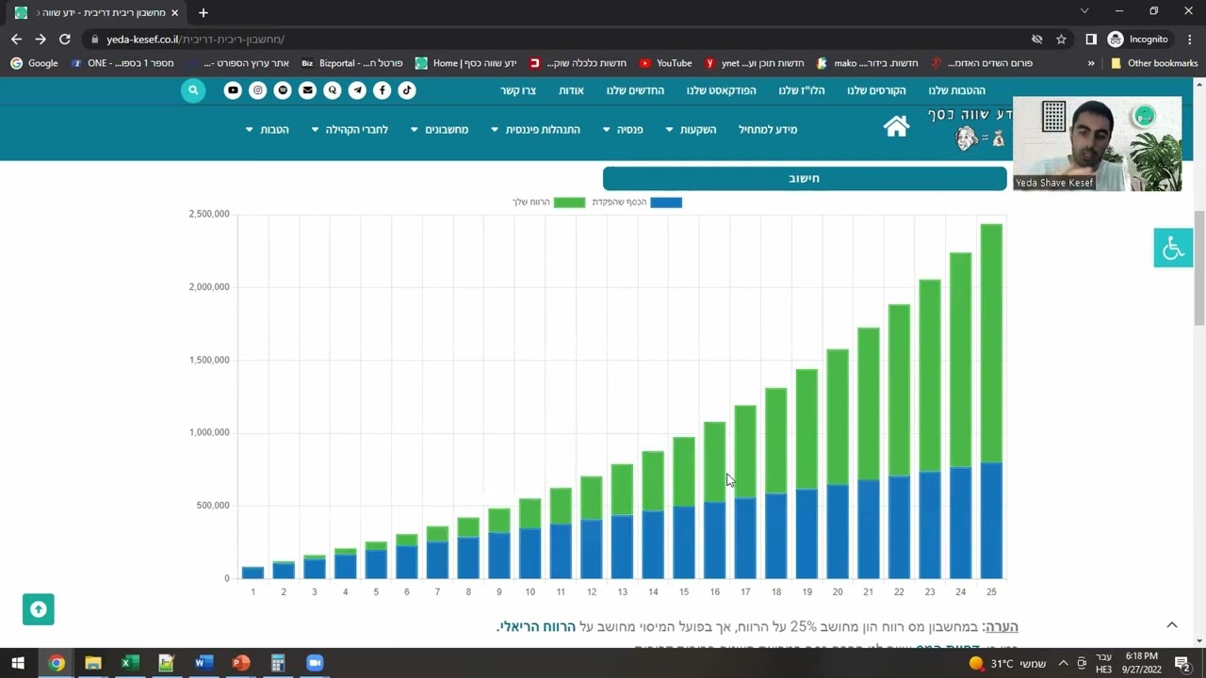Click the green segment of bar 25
[x=990, y=343]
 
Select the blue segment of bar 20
[x=837, y=531]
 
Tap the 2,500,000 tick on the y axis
[x=209, y=214]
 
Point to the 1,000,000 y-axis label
[x=209, y=433]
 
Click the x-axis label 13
[x=623, y=592]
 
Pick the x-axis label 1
[x=253, y=592]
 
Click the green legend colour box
[x=569, y=202]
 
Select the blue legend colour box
[x=666, y=202]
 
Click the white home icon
[x=896, y=127]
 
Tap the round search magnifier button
[x=193, y=90]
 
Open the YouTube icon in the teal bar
[x=233, y=90]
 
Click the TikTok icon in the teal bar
[x=406, y=90]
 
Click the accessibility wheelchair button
[x=1173, y=248]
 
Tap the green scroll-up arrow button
[x=39, y=609]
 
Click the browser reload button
[x=64, y=40]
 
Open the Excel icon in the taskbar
[x=129, y=663]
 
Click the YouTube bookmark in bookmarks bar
[x=665, y=63]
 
